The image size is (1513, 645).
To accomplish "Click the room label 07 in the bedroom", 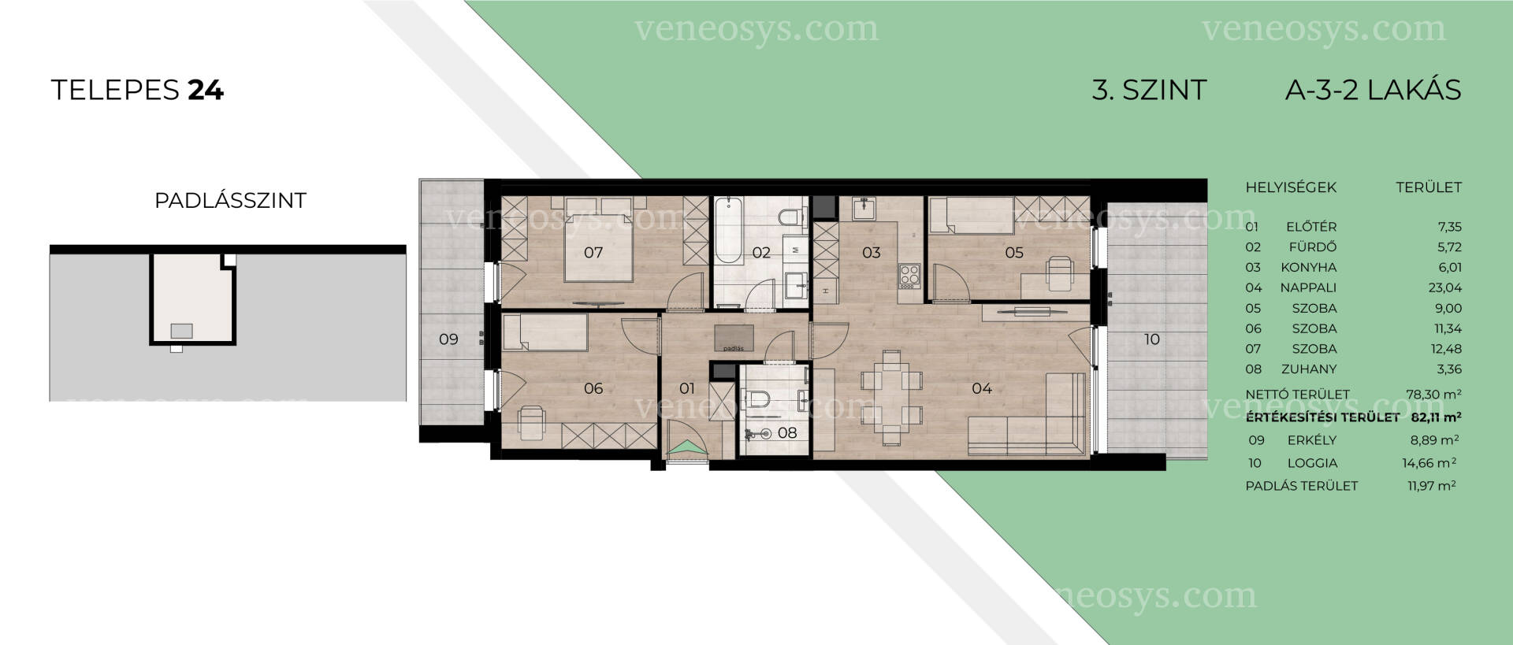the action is [593, 253].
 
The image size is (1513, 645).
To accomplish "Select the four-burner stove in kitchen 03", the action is [909, 275].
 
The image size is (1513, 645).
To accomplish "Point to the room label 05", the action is [1014, 253].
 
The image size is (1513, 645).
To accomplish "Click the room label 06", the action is [593, 388].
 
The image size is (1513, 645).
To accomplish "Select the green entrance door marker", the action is [687, 448].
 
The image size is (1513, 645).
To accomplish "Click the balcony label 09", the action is [448, 339].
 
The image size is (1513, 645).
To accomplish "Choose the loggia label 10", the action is [1152, 339].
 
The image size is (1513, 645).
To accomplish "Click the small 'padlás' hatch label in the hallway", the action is [734, 347].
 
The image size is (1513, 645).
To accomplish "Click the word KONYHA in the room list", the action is [1308, 268].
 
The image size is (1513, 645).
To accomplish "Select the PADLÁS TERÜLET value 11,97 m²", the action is [1432, 486].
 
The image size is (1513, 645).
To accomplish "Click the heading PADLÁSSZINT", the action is [230, 201].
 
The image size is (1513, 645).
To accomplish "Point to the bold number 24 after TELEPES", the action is [206, 91].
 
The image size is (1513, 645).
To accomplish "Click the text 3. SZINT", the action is [1149, 91].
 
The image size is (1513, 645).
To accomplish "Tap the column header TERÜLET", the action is [1429, 187].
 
